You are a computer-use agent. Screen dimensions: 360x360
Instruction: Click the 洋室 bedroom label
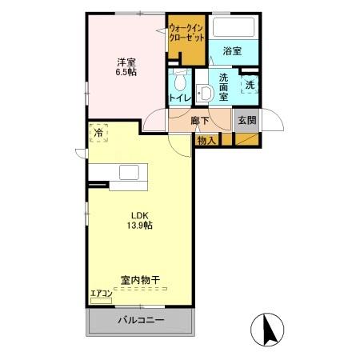pyautogui.click(x=125, y=61)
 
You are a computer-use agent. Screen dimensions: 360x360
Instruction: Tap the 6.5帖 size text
pyautogui.click(x=125, y=73)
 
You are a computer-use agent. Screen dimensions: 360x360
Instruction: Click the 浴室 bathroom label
pyautogui.click(x=232, y=50)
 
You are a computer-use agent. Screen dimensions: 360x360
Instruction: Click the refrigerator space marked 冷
pyautogui.click(x=99, y=134)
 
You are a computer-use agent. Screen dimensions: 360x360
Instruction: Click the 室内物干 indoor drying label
pyautogui.click(x=139, y=281)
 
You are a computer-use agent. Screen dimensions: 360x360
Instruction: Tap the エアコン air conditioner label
pyautogui.click(x=102, y=294)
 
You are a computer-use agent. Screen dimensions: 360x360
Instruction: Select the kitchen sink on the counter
pyautogui.click(x=128, y=172)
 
